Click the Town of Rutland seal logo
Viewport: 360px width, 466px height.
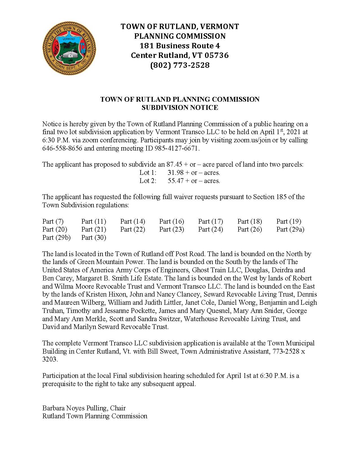pyautogui.click(x=69, y=47)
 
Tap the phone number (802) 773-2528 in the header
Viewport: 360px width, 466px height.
pyautogui.click(x=180, y=65)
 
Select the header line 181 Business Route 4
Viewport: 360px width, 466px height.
pyautogui.click(x=180, y=46)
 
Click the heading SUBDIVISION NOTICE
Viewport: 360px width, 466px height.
pyautogui.click(x=180, y=108)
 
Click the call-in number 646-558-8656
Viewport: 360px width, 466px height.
pyautogui.click(x=62, y=148)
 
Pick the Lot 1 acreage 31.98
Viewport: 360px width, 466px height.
pyautogui.click(x=175, y=173)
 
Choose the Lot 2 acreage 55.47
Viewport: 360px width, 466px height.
pyautogui.click(x=175, y=181)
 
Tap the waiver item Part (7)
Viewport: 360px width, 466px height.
pyautogui.click(x=53, y=221)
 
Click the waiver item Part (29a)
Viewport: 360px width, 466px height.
pyautogui.click(x=290, y=229)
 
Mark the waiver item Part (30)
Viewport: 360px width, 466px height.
pyautogui.click(x=94, y=238)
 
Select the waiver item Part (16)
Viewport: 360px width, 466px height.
pyautogui.click(x=172, y=221)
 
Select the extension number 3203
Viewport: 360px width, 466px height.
pyautogui.click(x=50, y=360)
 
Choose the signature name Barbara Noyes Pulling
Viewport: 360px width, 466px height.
pyautogui.click(x=75, y=408)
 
